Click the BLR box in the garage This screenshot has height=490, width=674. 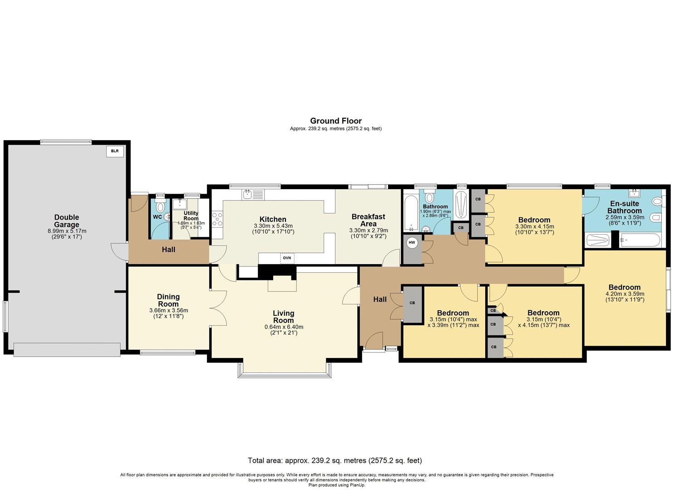pyautogui.click(x=115, y=151)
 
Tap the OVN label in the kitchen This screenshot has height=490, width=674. pyautogui.click(x=287, y=258)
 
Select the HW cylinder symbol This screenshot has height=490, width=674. pyautogui.click(x=412, y=243)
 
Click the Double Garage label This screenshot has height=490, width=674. pyautogui.click(x=67, y=221)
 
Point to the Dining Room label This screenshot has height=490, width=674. pyautogui.click(x=168, y=300)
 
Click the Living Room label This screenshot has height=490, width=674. pyautogui.click(x=284, y=317)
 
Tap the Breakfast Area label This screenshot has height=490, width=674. pyautogui.click(x=369, y=220)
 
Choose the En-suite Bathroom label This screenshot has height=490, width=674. pyautogui.click(x=625, y=207)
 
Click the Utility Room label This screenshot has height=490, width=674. pyautogui.click(x=191, y=216)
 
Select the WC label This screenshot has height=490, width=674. pyautogui.click(x=157, y=217)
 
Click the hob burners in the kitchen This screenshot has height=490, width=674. pyautogui.click(x=217, y=220)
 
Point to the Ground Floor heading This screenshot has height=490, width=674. pyautogui.click(x=336, y=121)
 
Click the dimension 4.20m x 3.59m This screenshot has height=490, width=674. pyautogui.click(x=625, y=294)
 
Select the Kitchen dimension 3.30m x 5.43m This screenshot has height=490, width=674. pyautogui.click(x=273, y=226)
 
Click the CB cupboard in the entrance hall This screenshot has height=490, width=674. pyautogui.click(x=412, y=303)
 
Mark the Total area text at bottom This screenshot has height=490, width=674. pyautogui.click(x=335, y=461)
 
